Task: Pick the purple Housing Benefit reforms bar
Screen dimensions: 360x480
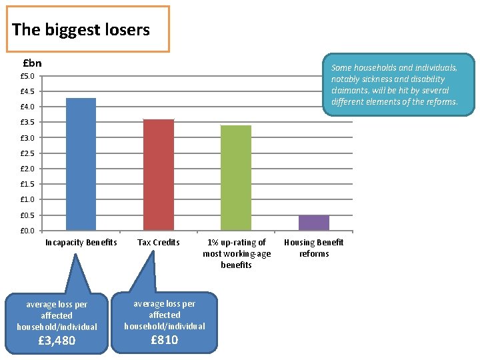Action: point(314,223)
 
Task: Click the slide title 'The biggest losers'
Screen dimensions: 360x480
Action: point(81,29)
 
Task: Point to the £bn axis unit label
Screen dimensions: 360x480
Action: point(32,63)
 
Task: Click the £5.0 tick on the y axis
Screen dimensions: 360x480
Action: point(27,76)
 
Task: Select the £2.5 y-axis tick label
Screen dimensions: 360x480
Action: point(27,153)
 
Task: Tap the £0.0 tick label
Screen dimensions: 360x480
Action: point(27,231)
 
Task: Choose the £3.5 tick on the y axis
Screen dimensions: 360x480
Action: point(27,123)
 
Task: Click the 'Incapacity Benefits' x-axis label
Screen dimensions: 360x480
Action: point(81,243)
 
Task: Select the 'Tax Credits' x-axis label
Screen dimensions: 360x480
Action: point(159,243)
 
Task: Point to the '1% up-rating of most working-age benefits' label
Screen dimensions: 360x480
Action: point(237,253)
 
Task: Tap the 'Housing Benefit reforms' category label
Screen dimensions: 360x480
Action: point(314,248)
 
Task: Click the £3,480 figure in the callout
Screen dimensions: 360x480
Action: point(56,341)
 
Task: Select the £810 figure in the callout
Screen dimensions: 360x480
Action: point(164,340)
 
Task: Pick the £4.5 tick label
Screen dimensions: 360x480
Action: point(27,91)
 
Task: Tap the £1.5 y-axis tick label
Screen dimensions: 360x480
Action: point(27,184)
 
